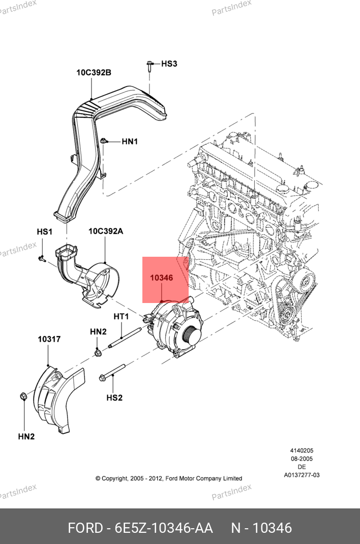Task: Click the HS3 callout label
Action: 169,64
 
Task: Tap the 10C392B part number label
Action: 94,73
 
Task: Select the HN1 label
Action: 130,141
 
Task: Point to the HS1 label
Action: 44,232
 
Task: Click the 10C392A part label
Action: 106,231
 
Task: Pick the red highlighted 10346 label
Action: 162,278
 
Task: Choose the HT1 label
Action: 121,317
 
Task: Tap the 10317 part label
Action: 49,339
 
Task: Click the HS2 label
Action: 114,398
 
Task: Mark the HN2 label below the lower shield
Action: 26,436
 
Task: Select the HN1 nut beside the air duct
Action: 104,141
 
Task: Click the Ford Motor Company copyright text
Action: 169,478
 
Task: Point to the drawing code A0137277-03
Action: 302,475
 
